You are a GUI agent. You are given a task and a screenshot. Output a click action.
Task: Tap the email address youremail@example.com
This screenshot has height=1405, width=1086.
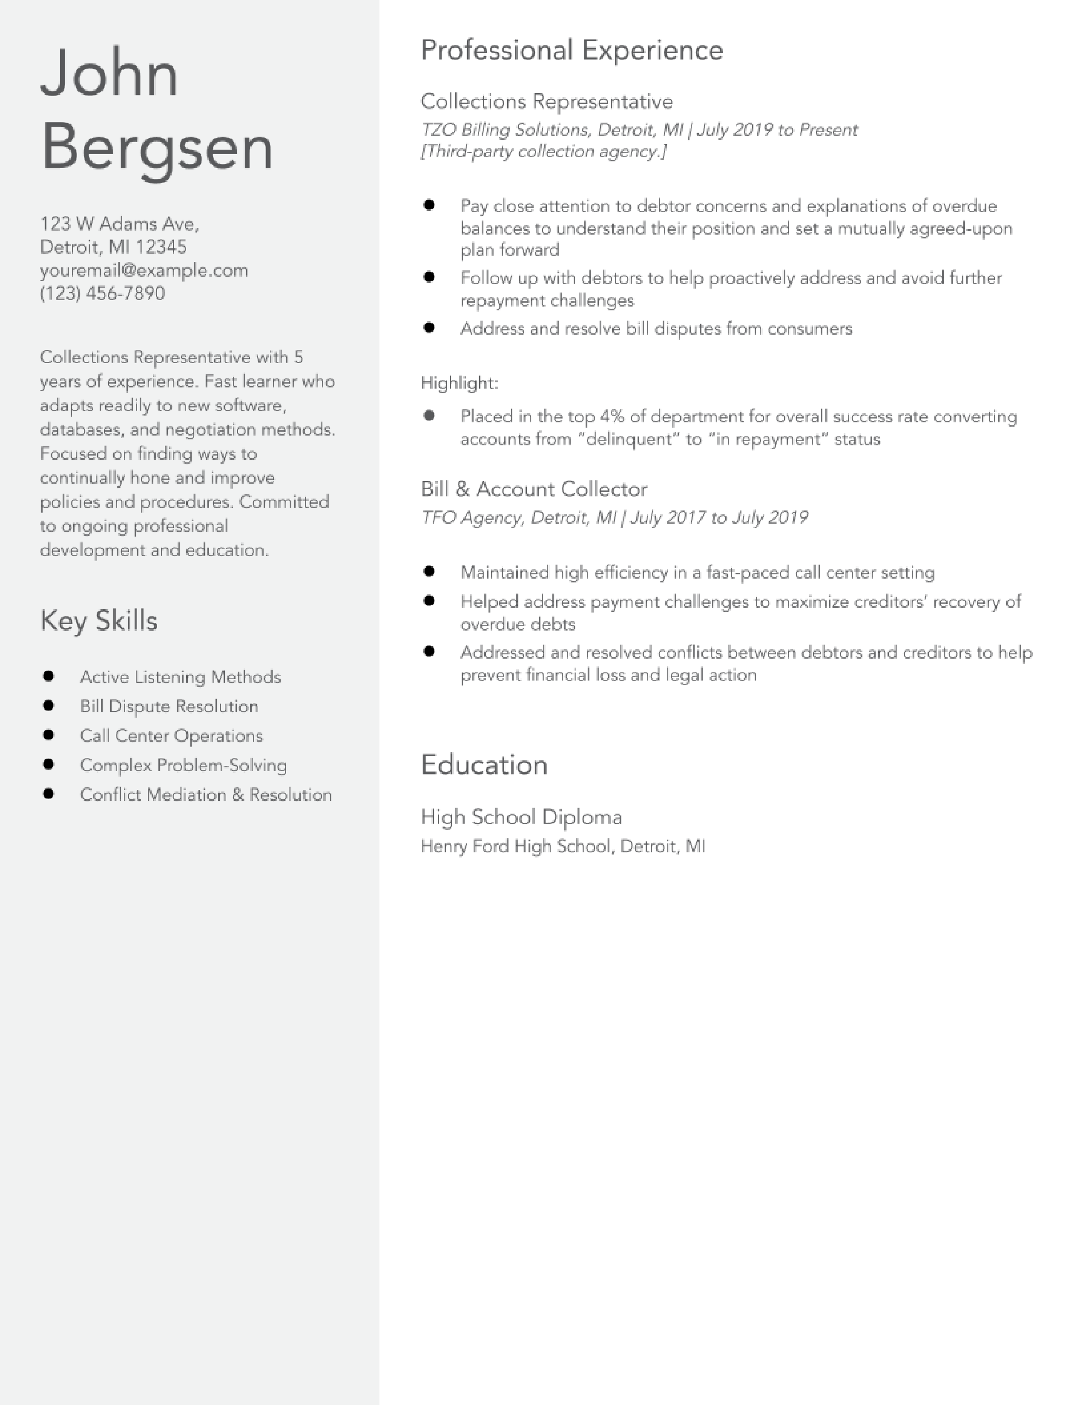point(144,270)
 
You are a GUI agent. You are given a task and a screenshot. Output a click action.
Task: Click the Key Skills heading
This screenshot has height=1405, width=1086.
point(99,621)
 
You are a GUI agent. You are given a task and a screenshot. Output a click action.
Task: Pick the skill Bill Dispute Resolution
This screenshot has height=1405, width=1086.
point(169,706)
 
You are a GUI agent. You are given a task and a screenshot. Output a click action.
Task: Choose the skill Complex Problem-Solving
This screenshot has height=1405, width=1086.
point(184,765)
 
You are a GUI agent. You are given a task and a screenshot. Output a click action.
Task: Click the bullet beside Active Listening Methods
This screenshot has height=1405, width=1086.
point(48,676)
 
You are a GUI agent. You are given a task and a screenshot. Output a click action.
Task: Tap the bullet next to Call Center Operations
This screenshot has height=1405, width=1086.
point(48,735)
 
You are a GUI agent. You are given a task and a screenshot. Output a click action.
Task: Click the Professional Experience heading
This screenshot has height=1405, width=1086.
point(572,50)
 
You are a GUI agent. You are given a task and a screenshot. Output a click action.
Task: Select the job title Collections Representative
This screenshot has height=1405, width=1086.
point(547,102)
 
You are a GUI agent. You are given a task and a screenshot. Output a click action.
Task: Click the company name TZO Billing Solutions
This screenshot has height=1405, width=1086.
point(505,130)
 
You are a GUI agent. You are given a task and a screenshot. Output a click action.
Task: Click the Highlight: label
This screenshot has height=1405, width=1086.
point(460,384)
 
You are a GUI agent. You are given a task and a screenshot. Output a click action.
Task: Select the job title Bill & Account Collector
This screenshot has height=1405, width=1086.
point(534,490)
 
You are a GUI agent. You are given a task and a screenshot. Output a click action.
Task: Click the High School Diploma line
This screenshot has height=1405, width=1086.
point(521,817)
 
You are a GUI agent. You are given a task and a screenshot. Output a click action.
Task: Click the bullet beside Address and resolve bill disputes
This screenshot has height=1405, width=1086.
point(429,327)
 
